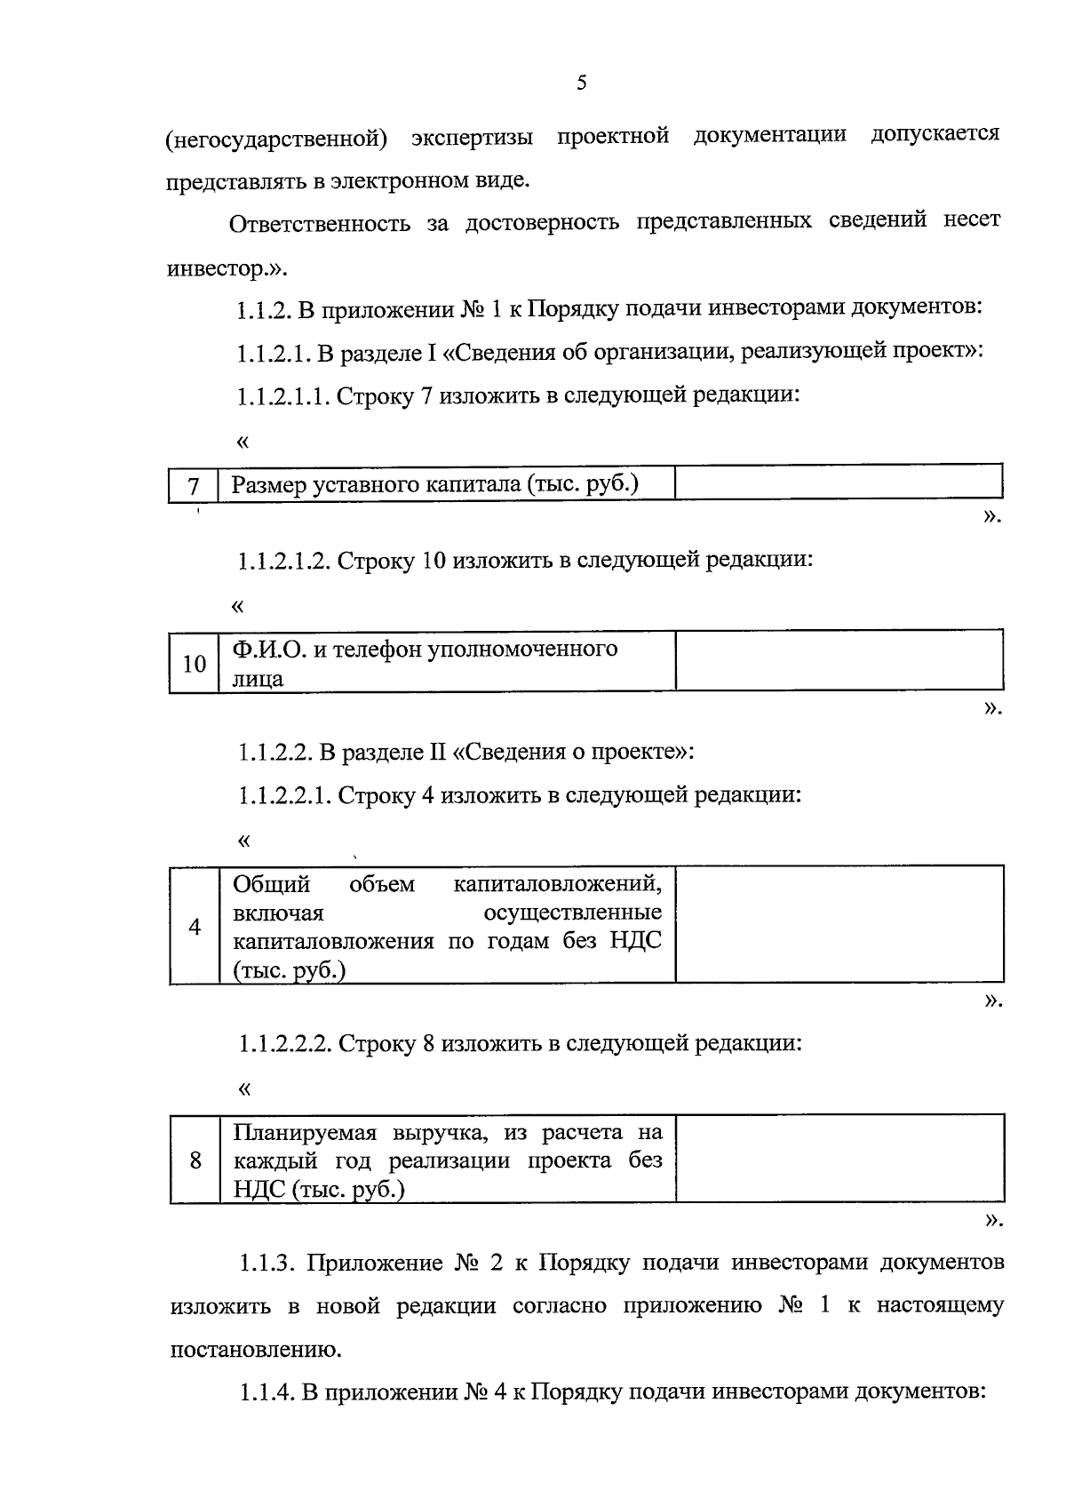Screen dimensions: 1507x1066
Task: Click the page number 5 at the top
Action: click(x=582, y=84)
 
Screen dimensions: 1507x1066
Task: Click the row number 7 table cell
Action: click(x=193, y=486)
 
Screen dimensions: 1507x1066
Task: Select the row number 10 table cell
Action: click(x=194, y=663)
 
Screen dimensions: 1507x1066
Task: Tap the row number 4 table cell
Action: click(x=195, y=926)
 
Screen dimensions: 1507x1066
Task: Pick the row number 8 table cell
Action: click(x=195, y=1160)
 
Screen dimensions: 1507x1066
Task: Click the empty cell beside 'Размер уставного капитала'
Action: click(x=838, y=483)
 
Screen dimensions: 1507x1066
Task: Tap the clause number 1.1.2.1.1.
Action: click(x=282, y=396)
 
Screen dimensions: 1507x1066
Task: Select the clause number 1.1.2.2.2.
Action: click(x=284, y=1043)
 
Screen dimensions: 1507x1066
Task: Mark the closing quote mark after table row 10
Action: click(x=992, y=708)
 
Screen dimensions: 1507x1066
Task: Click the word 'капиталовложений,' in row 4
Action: click(x=557, y=885)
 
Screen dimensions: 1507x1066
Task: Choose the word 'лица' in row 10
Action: click(x=258, y=680)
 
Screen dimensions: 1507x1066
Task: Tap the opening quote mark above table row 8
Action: click(x=244, y=1088)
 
